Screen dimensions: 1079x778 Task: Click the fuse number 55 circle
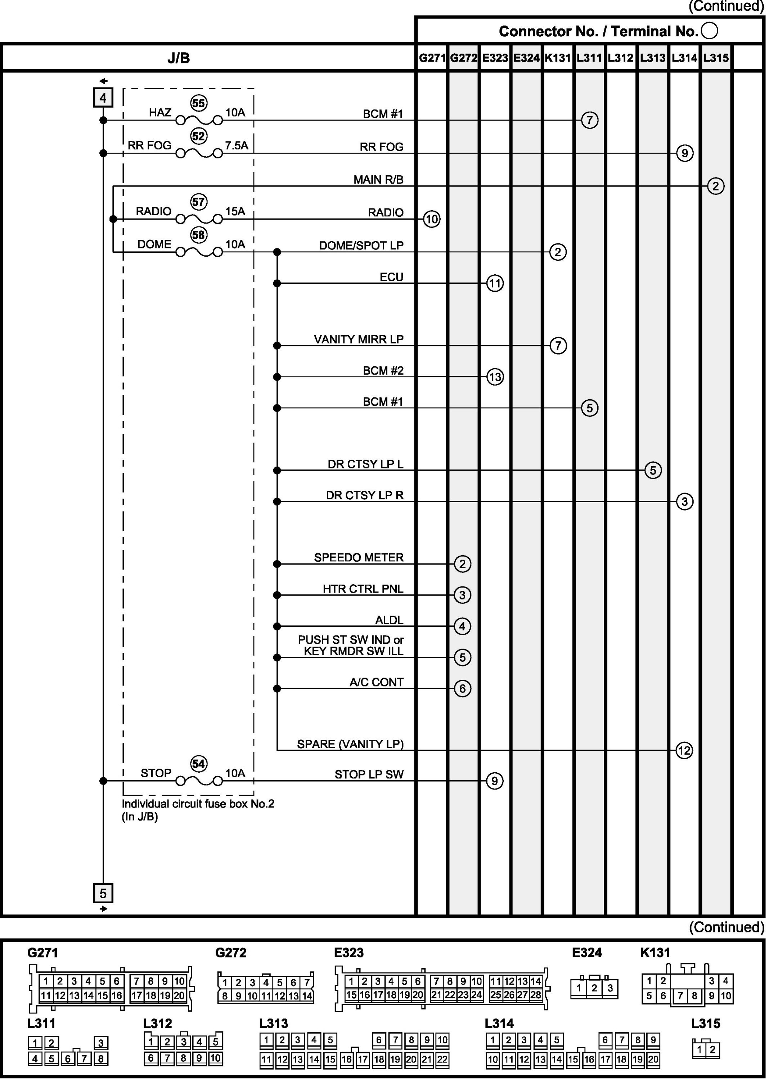(x=198, y=103)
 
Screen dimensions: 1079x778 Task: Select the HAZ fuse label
(x=160, y=113)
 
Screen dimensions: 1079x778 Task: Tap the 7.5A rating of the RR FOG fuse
(x=237, y=145)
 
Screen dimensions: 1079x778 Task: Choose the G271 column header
(x=432, y=58)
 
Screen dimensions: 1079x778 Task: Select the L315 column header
(x=716, y=58)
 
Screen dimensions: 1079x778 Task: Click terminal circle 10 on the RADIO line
(x=432, y=219)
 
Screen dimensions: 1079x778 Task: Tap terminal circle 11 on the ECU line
(x=495, y=284)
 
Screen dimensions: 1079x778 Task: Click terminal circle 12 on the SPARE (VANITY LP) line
(x=684, y=751)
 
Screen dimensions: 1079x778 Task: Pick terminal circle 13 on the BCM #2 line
(x=495, y=377)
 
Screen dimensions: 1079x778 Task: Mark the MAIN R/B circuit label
(x=378, y=180)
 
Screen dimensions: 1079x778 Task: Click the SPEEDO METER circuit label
(x=359, y=558)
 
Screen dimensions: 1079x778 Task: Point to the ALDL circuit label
(x=389, y=620)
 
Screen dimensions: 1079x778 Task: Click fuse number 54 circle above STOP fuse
(x=198, y=764)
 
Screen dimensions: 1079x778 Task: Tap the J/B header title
(x=179, y=58)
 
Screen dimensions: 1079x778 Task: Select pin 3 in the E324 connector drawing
(x=610, y=989)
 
